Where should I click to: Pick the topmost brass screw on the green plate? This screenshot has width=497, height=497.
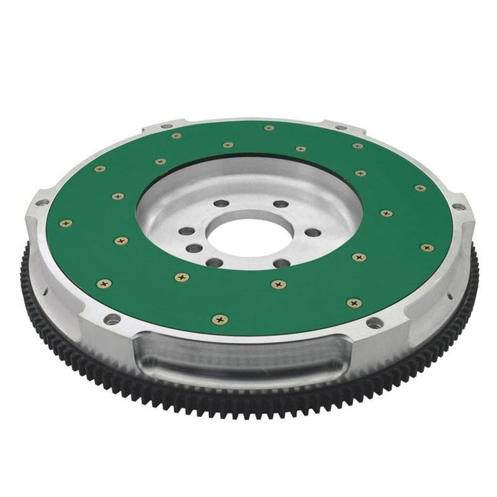269,127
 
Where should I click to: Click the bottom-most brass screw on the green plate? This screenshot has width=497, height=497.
217,319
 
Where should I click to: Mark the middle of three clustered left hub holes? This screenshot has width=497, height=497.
192,248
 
